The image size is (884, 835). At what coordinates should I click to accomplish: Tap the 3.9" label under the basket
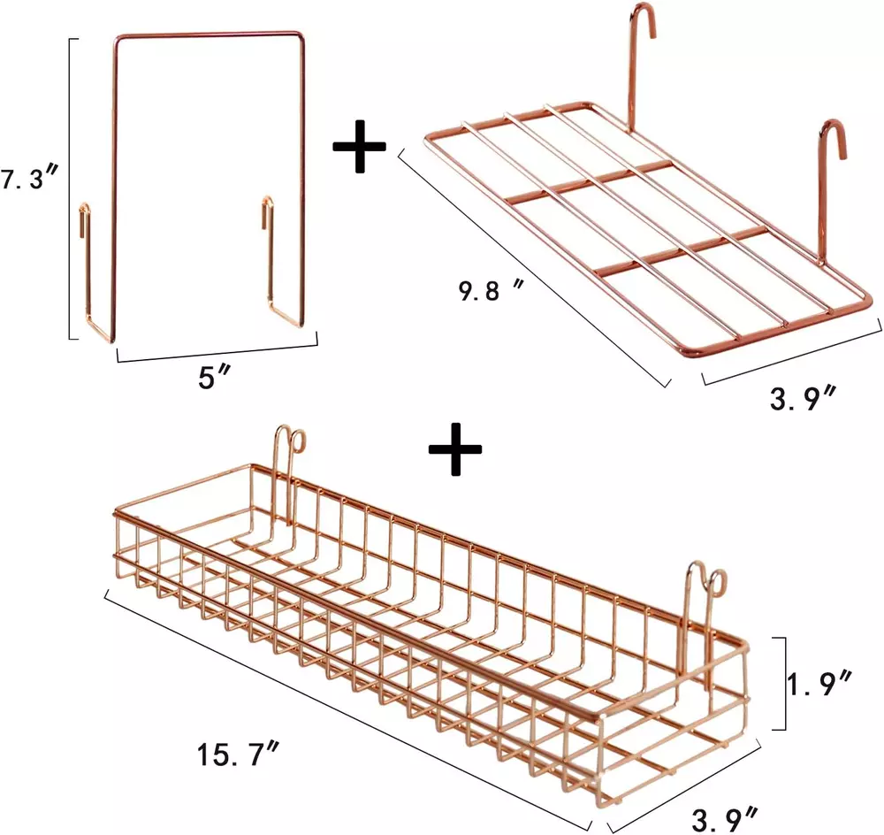click(724, 820)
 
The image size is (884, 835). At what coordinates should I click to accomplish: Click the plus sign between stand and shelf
click(359, 147)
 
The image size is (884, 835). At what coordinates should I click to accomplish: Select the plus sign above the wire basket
click(455, 448)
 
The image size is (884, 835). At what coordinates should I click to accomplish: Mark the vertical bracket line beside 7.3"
click(71, 189)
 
